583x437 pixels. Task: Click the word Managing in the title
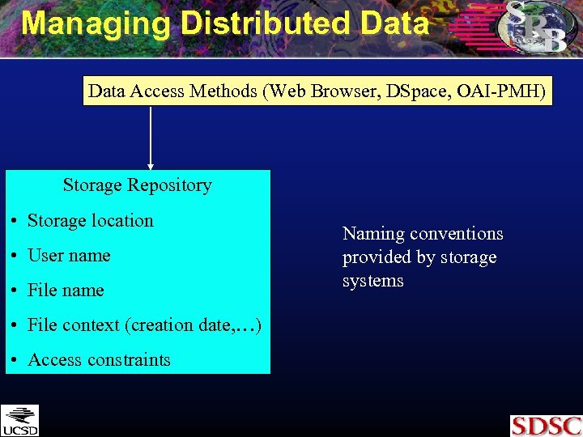(x=96, y=23)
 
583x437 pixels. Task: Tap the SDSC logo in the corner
(x=546, y=426)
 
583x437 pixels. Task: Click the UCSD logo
(x=19, y=420)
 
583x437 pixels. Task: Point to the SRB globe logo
(x=534, y=26)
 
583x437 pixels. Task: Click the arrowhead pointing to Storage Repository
(x=151, y=166)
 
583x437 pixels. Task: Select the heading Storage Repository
(x=137, y=185)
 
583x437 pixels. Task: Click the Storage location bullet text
(x=90, y=220)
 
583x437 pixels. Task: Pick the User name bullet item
(x=69, y=255)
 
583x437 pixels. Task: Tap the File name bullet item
(x=66, y=290)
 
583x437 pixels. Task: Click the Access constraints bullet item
(x=99, y=359)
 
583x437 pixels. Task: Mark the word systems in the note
(x=372, y=281)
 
